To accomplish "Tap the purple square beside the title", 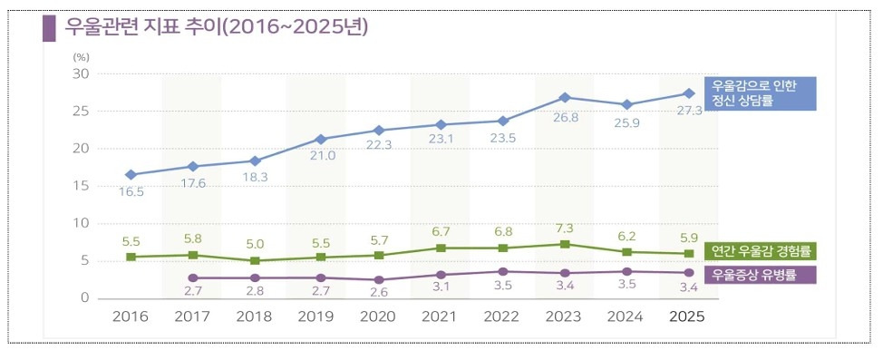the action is click(x=50, y=28).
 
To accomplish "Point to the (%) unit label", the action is click(x=81, y=56).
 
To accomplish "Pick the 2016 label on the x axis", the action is click(x=130, y=316).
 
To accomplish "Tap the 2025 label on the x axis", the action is click(x=687, y=316).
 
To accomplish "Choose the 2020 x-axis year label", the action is click(x=378, y=316).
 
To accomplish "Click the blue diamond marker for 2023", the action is click(x=565, y=97).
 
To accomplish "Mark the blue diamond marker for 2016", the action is click(x=131, y=175).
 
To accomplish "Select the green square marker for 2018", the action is click(x=255, y=261).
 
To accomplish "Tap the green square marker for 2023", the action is click(x=565, y=244).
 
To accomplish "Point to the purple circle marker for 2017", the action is click(x=193, y=277).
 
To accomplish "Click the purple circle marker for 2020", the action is click(x=379, y=279).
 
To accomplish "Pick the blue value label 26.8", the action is click(x=565, y=117).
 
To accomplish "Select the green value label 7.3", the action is click(x=565, y=229).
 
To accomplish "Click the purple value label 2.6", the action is click(x=378, y=293).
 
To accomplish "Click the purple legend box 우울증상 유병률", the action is click(x=752, y=276).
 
